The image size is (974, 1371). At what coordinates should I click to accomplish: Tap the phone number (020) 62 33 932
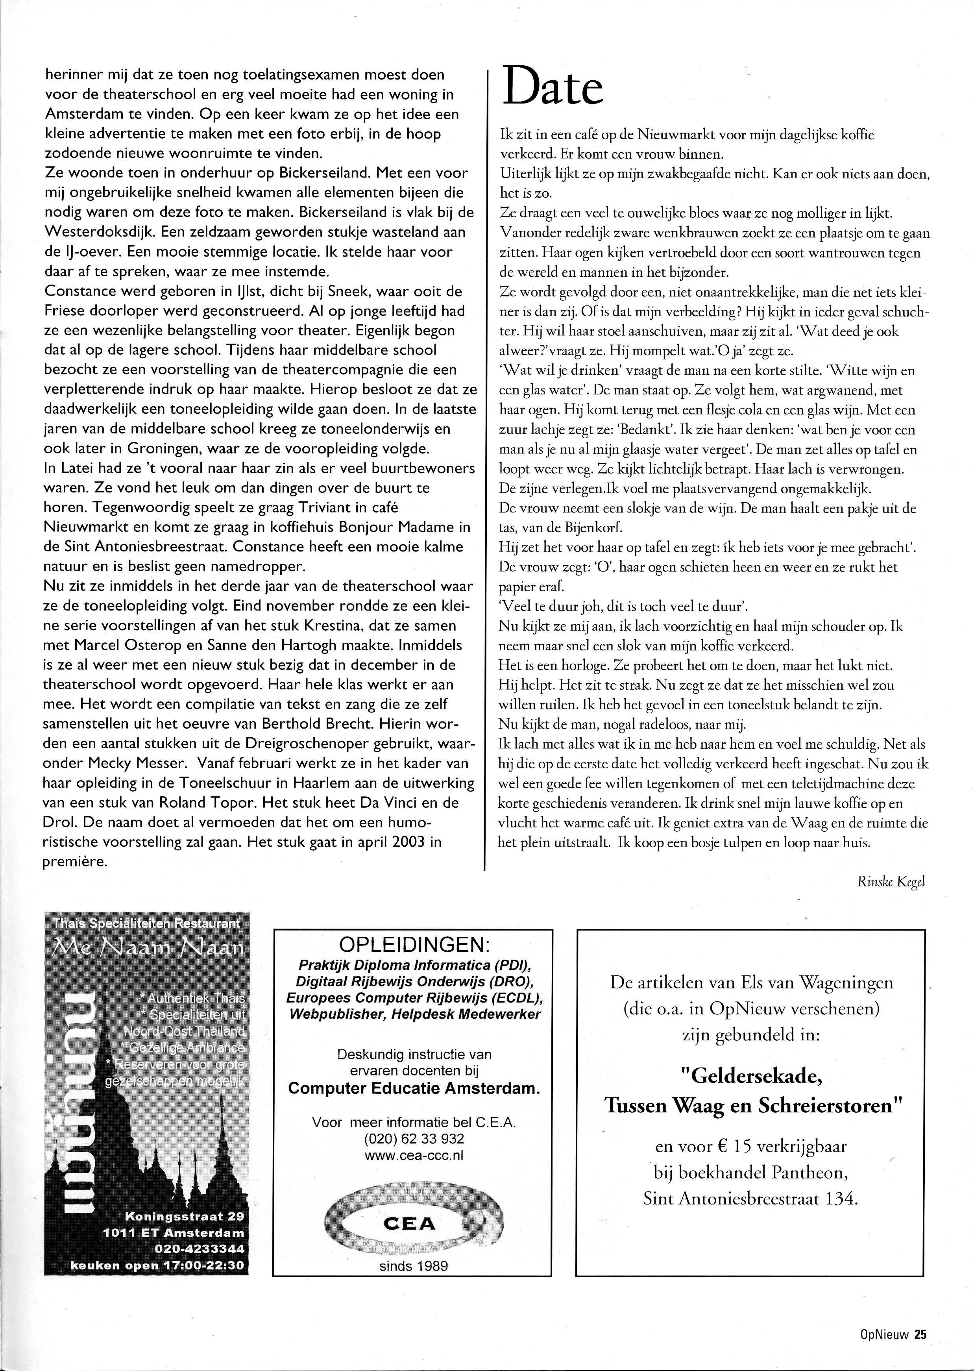(414, 1139)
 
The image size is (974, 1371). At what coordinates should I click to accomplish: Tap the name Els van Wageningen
(805, 983)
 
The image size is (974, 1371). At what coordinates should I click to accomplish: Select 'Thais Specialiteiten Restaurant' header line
(146, 923)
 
